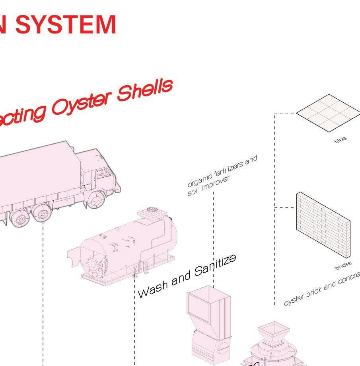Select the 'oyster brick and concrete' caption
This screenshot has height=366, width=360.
(x=322, y=289)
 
